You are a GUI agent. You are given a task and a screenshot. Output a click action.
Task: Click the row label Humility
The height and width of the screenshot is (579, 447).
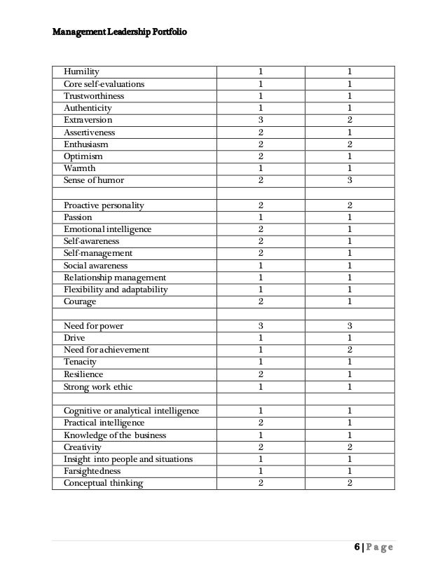(x=81, y=71)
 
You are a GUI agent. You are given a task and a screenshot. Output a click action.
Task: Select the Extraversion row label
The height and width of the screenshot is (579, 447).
(x=88, y=120)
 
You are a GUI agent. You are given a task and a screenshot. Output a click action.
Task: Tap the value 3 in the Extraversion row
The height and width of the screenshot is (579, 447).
(x=261, y=120)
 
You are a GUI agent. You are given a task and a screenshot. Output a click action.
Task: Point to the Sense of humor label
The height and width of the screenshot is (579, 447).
(x=94, y=180)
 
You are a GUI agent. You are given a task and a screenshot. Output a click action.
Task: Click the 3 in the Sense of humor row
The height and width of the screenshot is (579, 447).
(x=349, y=180)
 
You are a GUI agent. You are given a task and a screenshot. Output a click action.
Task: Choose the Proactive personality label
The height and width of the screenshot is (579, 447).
(x=104, y=205)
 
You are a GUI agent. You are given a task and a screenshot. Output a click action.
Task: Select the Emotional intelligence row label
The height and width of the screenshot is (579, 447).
(x=107, y=229)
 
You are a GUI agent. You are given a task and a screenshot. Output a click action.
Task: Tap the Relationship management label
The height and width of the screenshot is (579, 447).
(x=115, y=278)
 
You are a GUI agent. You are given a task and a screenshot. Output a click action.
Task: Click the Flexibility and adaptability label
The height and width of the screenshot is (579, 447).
(x=116, y=289)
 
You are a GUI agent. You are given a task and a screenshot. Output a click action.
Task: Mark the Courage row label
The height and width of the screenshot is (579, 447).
(x=80, y=301)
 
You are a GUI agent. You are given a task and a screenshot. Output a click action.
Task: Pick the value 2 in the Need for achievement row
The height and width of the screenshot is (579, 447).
(x=349, y=350)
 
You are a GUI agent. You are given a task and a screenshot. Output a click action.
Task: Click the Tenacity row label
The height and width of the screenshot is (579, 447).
(x=80, y=362)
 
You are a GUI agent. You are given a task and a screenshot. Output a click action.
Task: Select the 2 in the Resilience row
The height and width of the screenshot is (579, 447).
(x=261, y=374)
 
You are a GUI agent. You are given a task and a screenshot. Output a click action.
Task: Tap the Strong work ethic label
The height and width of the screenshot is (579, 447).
(x=97, y=386)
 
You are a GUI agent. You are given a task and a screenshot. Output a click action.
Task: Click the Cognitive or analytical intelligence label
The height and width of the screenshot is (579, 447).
(x=131, y=411)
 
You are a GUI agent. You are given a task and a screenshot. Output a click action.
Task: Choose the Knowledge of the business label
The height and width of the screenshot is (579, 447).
(x=115, y=435)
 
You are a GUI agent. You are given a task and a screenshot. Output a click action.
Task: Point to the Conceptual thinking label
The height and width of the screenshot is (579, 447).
(x=103, y=483)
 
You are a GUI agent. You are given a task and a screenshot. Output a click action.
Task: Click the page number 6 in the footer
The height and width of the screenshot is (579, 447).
(x=356, y=547)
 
